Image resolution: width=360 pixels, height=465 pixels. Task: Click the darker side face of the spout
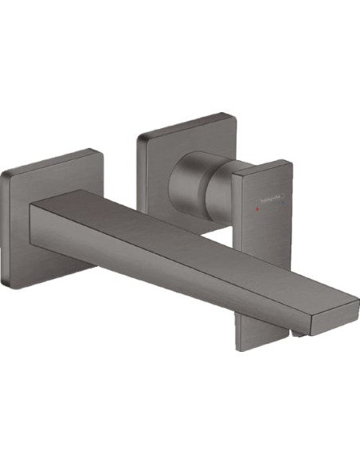(x=159, y=263)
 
